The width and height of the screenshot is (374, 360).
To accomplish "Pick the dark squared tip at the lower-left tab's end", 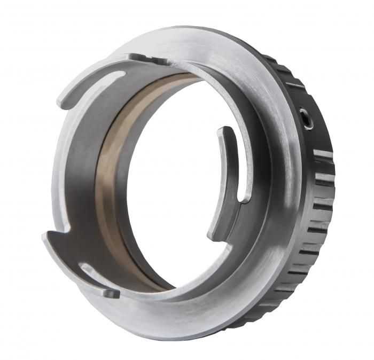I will click(x=111, y=293).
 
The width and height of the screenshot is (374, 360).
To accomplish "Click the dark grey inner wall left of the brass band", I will click(x=80, y=176).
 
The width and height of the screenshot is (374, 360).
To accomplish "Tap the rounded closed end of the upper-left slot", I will click(x=121, y=74).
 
